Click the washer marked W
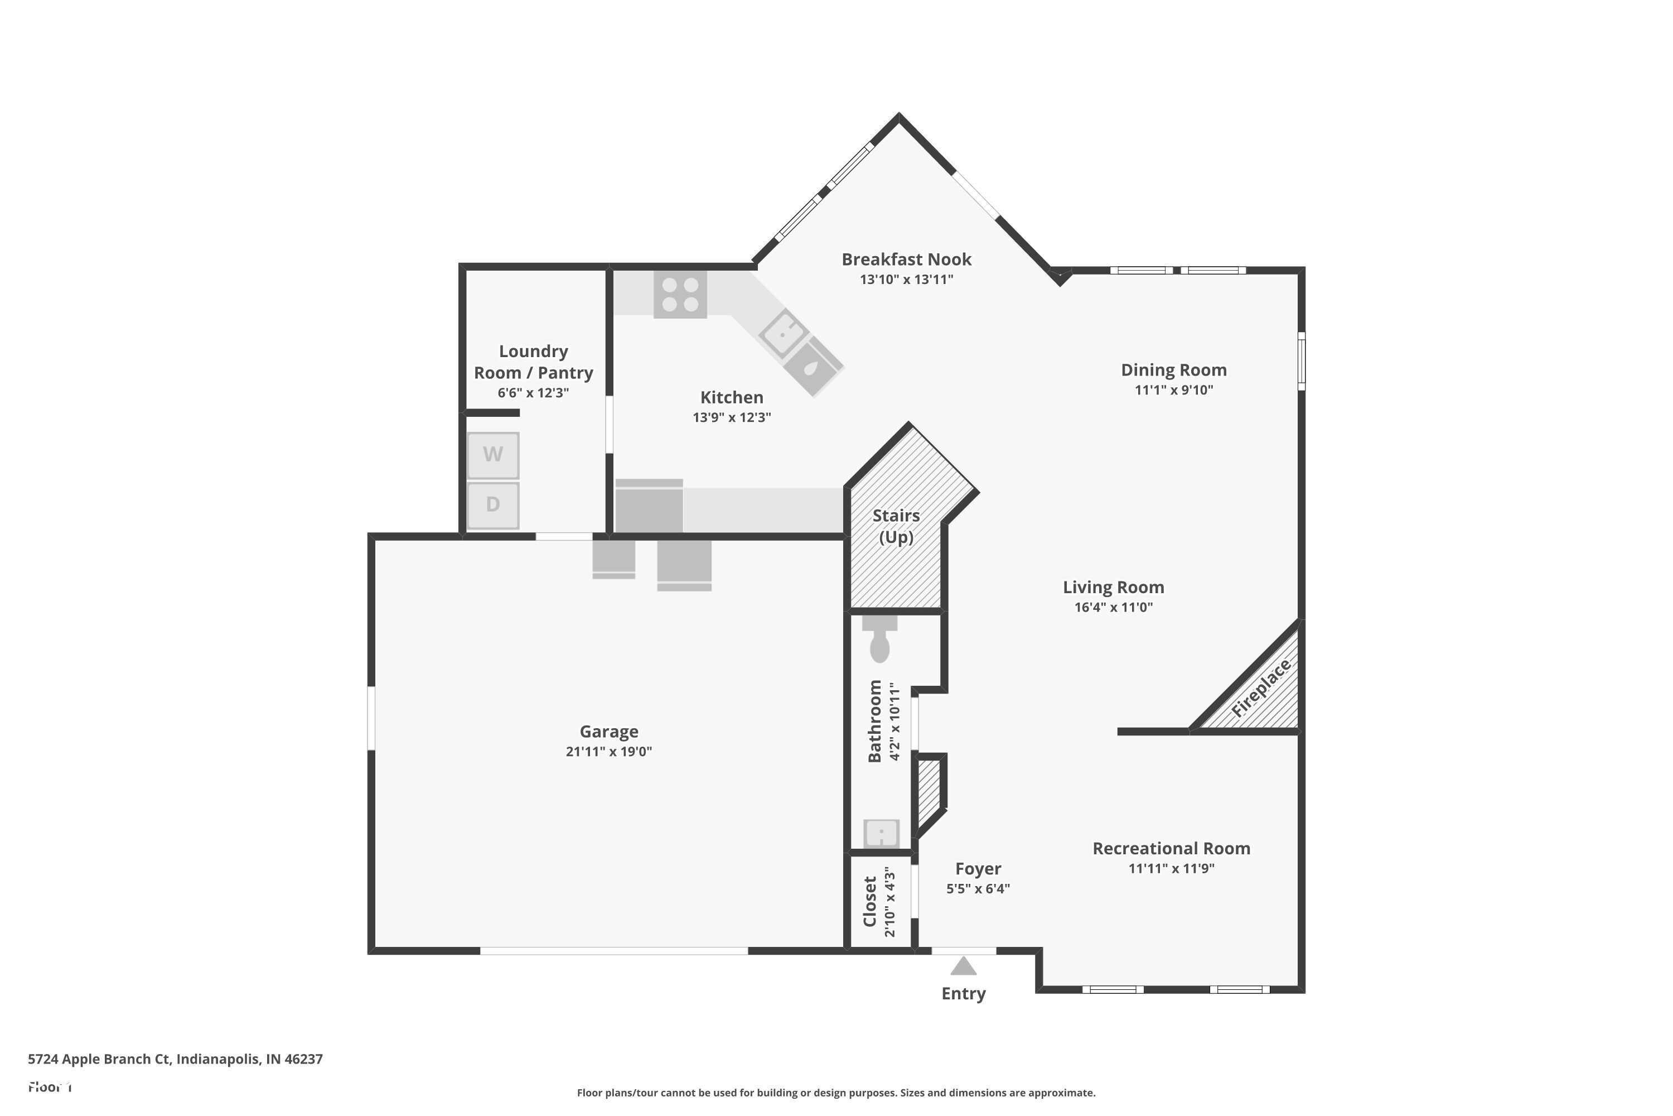492,455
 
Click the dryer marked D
492,504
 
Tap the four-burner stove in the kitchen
680,295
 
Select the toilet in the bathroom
880,641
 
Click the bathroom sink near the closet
881,833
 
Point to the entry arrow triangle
963,966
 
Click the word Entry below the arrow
963,994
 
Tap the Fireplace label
1260,688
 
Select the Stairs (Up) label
896,526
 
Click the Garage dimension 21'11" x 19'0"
609,752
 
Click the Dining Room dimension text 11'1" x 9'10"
1174,390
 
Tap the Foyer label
978,869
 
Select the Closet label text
870,901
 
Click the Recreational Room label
1171,848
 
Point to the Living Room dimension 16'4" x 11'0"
1113,607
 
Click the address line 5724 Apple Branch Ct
175,1059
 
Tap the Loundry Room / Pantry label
534,362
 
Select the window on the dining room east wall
1301,361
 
